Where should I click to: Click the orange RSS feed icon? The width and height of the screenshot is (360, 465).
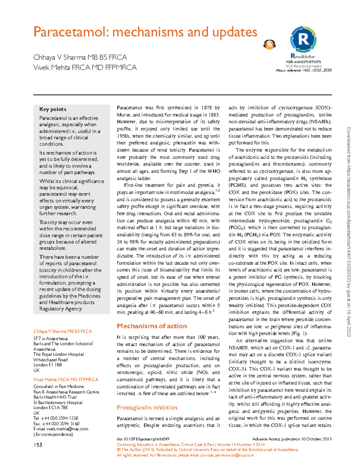(269, 45)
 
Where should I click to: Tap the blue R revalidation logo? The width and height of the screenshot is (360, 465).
(303, 39)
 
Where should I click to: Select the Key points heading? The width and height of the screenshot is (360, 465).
(53, 109)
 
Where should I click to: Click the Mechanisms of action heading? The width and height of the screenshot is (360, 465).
(152, 326)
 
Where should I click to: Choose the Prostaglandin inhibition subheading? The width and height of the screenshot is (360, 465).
(147, 408)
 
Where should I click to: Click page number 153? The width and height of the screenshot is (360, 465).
(38, 445)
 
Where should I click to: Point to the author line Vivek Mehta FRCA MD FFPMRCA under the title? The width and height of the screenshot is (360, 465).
(85, 67)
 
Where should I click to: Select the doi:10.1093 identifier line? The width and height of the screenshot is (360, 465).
(143, 439)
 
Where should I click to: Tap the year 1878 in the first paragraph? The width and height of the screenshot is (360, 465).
(206, 108)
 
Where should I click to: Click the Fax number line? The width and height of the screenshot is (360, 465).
(56, 424)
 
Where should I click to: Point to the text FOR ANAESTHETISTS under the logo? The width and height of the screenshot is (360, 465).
(303, 62)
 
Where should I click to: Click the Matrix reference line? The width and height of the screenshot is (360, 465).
(304, 70)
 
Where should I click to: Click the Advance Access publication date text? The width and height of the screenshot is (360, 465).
(292, 439)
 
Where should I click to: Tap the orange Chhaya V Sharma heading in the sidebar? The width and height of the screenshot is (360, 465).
(63, 331)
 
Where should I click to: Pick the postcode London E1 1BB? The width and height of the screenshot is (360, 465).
(48, 365)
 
